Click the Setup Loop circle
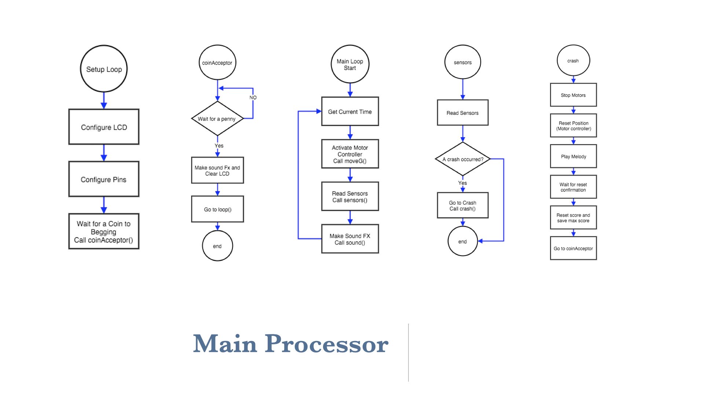[x=104, y=69]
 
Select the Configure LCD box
[x=104, y=127]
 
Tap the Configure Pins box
[x=104, y=179]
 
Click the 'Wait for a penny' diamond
[x=217, y=118]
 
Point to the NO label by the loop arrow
[x=253, y=98]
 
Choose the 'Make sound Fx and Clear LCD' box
[x=217, y=170]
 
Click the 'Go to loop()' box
[x=217, y=209]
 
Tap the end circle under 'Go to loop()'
[x=217, y=246]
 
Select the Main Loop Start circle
[x=350, y=64]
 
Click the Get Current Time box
[x=350, y=111]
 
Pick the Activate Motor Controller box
[x=350, y=154]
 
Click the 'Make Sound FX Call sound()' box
[x=350, y=239]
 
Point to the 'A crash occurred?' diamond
[x=463, y=159]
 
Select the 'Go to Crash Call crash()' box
[x=463, y=205]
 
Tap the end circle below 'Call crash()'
[x=463, y=241]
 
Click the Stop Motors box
[x=573, y=95]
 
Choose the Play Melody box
[x=573, y=156]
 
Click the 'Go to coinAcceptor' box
[x=573, y=248]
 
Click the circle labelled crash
[x=573, y=60]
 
